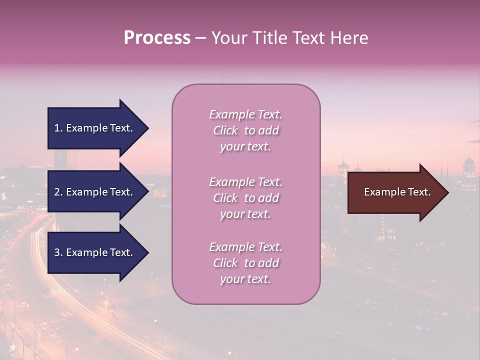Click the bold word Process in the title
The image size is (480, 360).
(157, 38)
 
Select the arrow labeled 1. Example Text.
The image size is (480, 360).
(95, 128)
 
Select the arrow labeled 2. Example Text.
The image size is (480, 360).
(95, 192)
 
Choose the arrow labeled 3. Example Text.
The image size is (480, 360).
(95, 252)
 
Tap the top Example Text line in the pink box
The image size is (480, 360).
(245, 114)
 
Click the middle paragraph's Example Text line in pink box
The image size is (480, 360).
(245, 182)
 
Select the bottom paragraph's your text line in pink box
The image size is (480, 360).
(245, 279)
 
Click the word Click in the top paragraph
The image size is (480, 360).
(225, 131)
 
